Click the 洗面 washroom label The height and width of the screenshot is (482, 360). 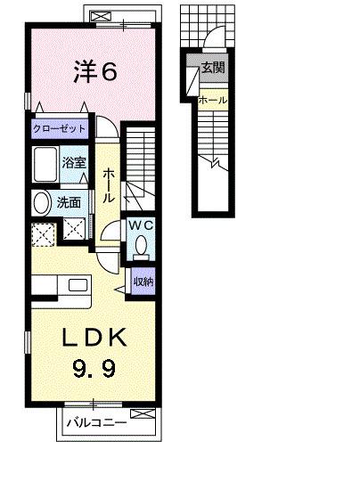(70, 203)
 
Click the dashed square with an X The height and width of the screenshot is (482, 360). (43, 233)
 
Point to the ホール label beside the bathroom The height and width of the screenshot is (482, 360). (108, 185)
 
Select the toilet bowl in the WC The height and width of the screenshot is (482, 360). (142, 250)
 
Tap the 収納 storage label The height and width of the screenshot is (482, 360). (142, 282)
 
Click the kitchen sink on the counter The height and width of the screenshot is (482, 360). (78, 287)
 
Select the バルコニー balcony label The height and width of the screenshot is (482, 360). (94, 425)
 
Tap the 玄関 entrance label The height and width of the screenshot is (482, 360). (213, 68)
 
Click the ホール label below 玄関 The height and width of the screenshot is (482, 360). (213, 101)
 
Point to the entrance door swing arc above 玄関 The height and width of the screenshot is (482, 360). (214, 40)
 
